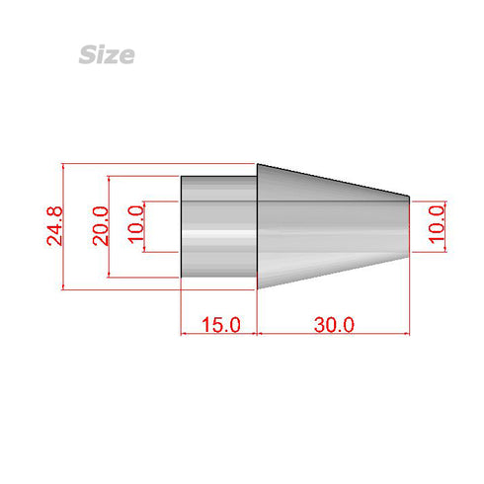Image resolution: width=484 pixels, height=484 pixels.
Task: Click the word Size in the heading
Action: coord(106,54)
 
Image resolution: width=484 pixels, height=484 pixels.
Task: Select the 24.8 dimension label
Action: coord(55,226)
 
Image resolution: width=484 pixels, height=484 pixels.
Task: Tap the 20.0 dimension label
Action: coord(99,226)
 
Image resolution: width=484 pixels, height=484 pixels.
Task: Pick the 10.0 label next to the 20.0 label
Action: coord(136,226)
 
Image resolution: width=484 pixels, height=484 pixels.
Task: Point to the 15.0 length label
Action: coord(219,324)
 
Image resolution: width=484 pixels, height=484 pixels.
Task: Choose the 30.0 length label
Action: coord(333,324)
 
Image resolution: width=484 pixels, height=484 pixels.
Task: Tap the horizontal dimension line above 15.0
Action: coord(219,334)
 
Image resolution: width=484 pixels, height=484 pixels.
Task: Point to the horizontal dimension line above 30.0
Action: coord(333,334)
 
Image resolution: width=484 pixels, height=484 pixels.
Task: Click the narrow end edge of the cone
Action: coord(409,226)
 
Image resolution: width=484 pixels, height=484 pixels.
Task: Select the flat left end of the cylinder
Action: coord(181,226)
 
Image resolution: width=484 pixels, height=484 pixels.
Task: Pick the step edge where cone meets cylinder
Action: coord(258,226)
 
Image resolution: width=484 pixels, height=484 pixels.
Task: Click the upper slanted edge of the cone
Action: coord(333,180)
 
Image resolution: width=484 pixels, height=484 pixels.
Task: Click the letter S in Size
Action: coord(87,54)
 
